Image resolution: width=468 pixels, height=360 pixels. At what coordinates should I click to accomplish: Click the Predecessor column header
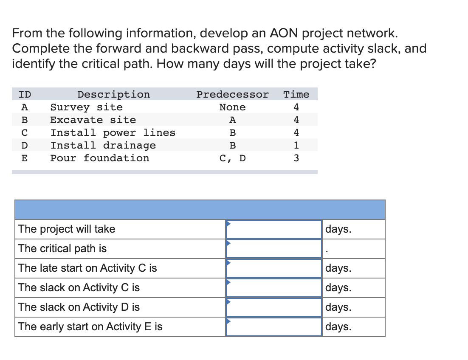tap(232, 94)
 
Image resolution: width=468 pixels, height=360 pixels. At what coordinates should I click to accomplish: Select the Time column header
tap(296, 94)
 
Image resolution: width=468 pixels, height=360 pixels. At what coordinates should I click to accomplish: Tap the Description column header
tap(113, 94)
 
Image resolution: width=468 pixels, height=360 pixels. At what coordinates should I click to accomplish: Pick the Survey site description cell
tap(86, 107)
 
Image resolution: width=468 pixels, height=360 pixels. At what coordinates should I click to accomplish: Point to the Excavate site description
tap(93, 120)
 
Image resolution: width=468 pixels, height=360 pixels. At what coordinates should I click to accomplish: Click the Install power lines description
tap(113, 132)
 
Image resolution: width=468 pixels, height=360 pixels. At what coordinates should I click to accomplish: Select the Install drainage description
tap(103, 145)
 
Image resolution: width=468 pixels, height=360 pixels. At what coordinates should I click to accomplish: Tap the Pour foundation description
tap(100, 158)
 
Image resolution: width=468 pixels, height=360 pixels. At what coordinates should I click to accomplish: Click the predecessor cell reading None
tap(232, 107)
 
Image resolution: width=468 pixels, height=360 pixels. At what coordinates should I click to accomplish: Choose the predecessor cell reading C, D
tap(232, 158)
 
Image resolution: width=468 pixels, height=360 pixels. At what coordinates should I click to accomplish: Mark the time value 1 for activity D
tap(296, 145)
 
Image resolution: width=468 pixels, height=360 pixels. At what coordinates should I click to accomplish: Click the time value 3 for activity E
tap(296, 158)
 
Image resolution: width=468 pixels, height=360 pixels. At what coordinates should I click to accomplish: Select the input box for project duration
tap(274, 229)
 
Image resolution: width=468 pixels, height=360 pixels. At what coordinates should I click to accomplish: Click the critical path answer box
tap(274, 249)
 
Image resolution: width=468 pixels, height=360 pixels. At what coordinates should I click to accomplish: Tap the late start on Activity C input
tap(274, 268)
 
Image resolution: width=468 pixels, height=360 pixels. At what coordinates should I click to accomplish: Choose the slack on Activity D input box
tap(274, 307)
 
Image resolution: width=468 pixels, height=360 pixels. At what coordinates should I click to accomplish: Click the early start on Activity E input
tap(274, 327)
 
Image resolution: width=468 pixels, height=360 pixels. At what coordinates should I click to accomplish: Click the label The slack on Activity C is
tap(79, 288)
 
